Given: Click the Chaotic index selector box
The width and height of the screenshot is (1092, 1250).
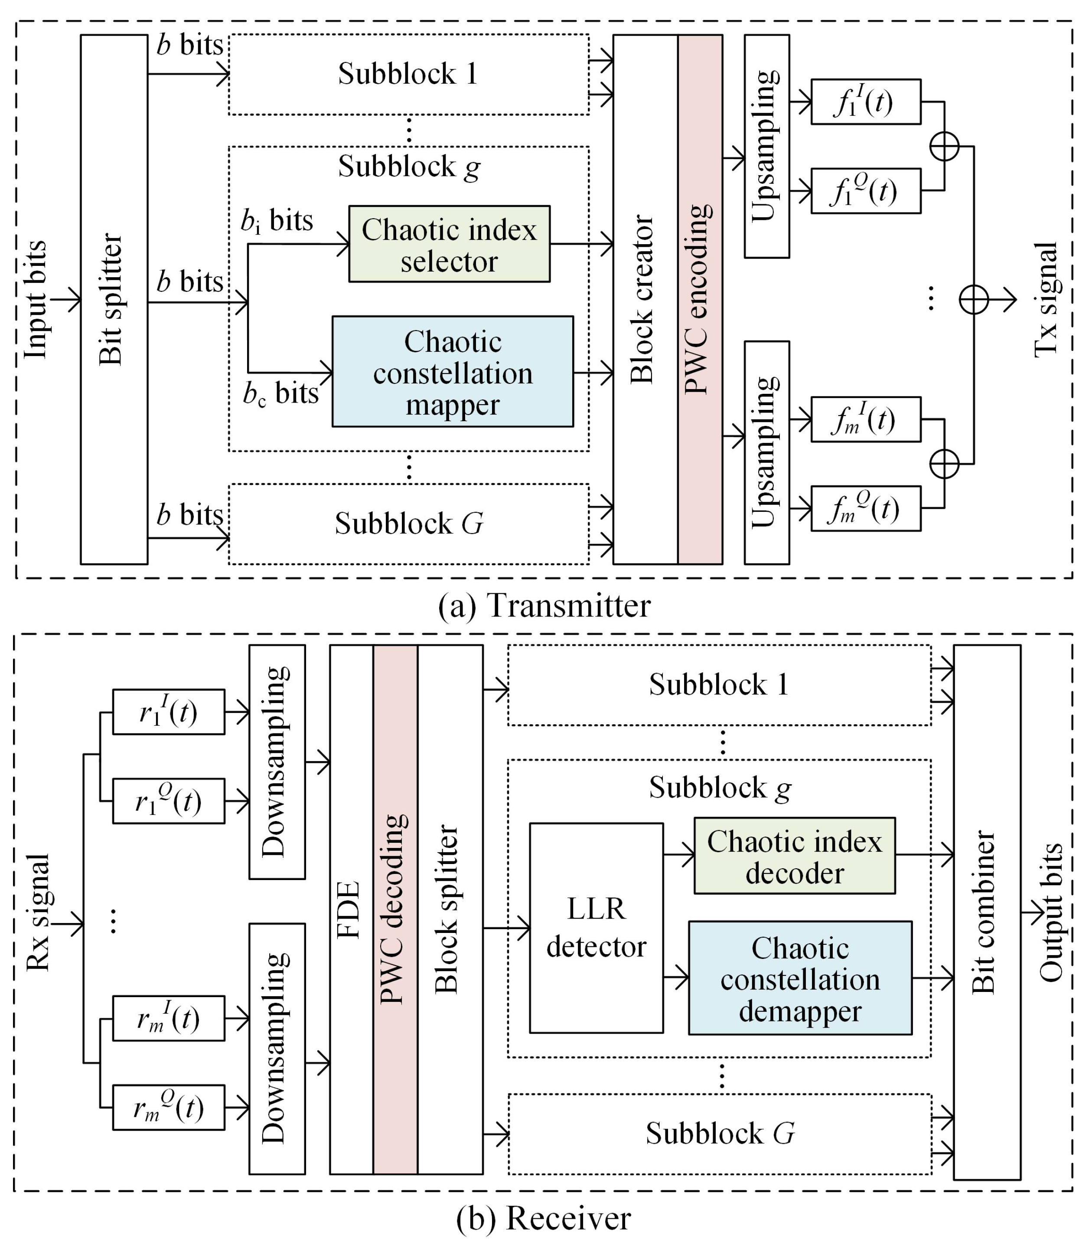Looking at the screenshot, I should click(449, 244).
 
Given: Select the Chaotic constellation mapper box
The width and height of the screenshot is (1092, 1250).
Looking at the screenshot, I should click(452, 371).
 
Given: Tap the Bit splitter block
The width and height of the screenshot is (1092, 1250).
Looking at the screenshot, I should click(114, 299).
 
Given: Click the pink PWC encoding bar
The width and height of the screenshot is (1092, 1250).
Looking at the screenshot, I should click(700, 299).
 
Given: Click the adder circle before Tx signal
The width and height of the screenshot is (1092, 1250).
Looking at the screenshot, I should click(973, 299).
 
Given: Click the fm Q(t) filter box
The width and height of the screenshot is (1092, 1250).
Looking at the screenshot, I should click(865, 508).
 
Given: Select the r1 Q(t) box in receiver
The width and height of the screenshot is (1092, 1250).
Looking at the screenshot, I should click(168, 801).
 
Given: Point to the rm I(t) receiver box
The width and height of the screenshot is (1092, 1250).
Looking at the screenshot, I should click(168, 1018).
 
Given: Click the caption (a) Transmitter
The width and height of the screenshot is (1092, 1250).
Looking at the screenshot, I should click(544, 605).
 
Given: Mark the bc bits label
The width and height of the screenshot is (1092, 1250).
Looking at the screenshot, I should click(280, 393).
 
